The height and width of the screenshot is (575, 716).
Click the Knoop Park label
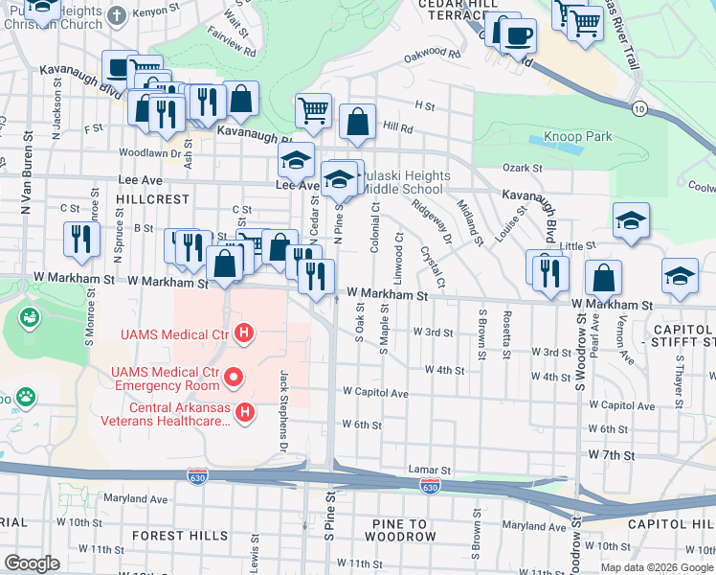(x=577, y=136)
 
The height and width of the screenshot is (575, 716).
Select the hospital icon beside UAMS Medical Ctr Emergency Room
(x=232, y=379)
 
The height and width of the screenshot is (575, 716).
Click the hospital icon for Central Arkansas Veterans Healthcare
(x=246, y=412)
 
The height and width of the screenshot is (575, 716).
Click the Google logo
(x=33, y=563)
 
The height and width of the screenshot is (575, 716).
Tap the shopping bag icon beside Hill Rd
(x=357, y=121)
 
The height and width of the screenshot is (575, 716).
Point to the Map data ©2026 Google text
(x=656, y=566)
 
